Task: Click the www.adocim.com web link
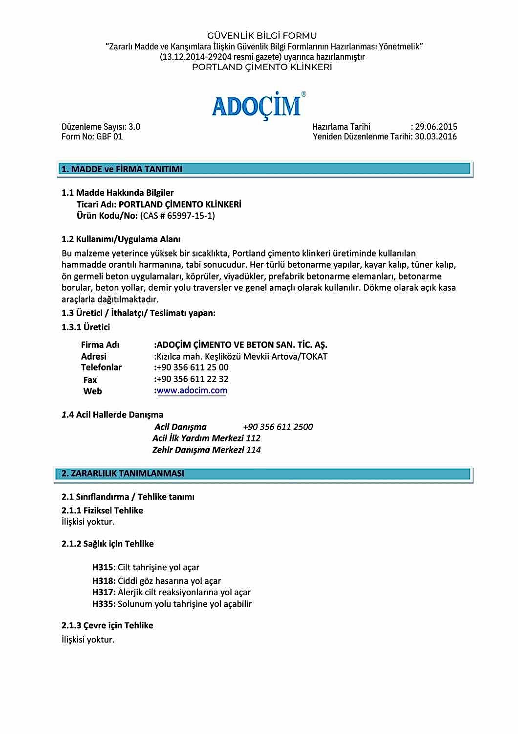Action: (x=192, y=390)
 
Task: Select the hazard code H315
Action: (x=103, y=567)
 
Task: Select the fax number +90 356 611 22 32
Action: (x=192, y=379)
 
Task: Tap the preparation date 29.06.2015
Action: (x=436, y=127)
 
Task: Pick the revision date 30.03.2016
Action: (x=436, y=137)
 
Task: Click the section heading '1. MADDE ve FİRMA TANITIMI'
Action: (x=122, y=169)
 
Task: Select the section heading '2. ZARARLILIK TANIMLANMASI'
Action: (x=123, y=473)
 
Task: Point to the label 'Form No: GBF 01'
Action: (x=92, y=137)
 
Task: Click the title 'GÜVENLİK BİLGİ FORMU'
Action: (x=262, y=36)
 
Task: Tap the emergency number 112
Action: (x=253, y=438)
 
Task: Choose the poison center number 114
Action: (x=254, y=450)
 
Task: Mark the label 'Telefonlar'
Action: (x=101, y=367)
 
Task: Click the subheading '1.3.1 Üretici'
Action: (x=86, y=327)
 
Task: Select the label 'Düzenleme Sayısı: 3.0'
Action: (x=101, y=127)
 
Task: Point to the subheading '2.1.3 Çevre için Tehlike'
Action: (x=108, y=625)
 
